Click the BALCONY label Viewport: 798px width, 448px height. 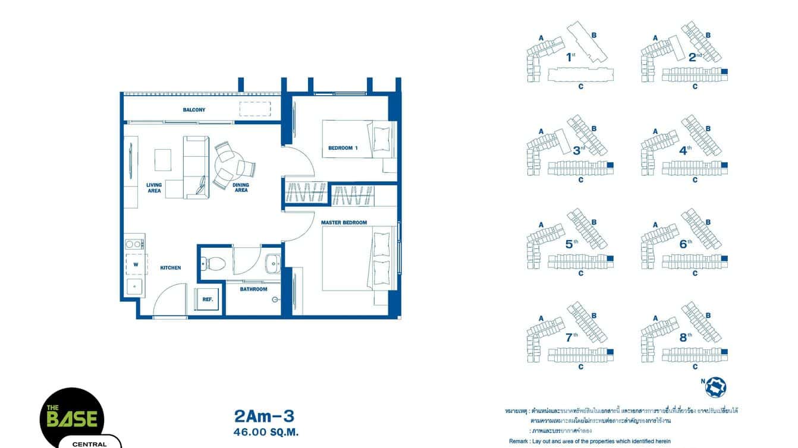194,110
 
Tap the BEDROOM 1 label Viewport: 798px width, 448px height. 343,148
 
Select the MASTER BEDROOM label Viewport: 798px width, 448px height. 344,223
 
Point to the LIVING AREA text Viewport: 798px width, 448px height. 154,188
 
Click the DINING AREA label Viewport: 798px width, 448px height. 241,188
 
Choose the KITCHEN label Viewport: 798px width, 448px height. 171,268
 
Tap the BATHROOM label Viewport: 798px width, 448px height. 253,289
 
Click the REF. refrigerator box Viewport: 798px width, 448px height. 208,299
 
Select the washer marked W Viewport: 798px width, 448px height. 136,264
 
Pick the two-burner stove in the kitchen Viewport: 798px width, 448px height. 135,244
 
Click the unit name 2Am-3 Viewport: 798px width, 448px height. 265,415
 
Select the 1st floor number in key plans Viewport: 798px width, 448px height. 571,57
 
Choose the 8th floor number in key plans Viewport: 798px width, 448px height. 686,337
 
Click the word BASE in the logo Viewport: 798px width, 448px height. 72,419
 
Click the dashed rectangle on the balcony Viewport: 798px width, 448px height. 255,109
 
